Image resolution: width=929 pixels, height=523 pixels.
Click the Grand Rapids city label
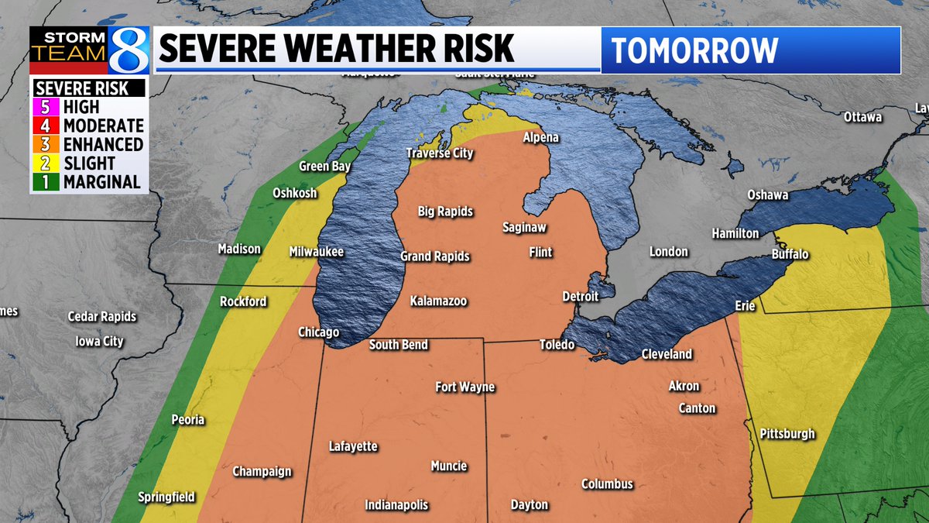[x=434, y=256]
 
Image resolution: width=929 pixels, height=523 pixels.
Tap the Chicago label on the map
[x=319, y=332]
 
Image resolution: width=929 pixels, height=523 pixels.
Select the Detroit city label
[x=581, y=297]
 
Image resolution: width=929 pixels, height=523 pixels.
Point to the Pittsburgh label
[x=787, y=434]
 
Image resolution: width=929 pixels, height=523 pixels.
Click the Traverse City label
[x=440, y=153]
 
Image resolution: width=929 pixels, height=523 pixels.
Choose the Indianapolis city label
[x=396, y=505]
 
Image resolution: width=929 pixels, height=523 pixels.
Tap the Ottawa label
[x=863, y=117]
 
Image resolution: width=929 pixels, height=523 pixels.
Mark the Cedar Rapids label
[x=102, y=316]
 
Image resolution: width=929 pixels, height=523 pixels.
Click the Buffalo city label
[x=790, y=254]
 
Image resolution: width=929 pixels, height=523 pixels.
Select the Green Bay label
[x=325, y=167]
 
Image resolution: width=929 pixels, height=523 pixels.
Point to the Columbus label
[x=607, y=484]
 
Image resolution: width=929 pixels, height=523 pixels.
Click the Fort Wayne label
[x=464, y=387]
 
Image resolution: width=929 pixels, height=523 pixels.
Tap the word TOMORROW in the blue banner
[x=694, y=50]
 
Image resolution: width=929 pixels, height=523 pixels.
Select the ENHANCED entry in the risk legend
[x=103, y=145]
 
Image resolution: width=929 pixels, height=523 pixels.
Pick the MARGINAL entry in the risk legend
[x=102, y=182]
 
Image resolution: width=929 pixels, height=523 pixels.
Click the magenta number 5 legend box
[x=45, y=108]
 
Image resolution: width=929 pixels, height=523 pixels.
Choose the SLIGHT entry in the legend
[x=89, y=163]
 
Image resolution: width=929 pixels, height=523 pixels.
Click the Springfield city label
[x=166, y=497]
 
